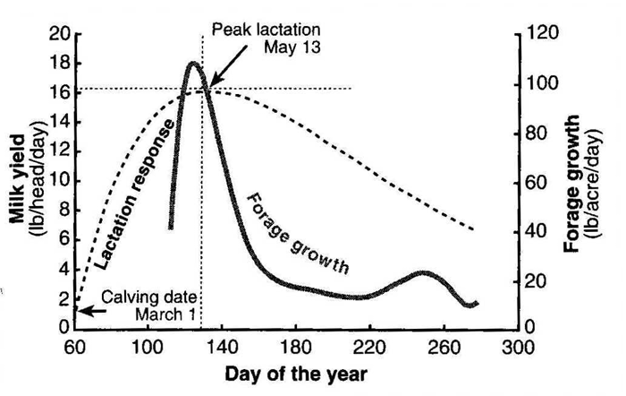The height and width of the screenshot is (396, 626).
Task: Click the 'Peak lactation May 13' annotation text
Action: click(266, 39)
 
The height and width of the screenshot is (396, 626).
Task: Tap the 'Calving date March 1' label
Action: click(148, 306)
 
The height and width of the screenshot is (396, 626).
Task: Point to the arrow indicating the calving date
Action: click(92, 311)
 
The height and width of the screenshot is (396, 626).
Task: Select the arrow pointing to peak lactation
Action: click(228, 65)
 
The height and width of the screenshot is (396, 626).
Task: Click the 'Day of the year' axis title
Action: click(296, 374)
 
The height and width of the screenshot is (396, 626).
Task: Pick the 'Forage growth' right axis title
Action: click(571, 184)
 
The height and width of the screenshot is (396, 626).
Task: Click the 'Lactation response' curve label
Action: click(136, 194)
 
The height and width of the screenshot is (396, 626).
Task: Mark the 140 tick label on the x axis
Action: click(222, 348)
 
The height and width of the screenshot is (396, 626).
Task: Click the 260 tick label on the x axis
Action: click(444, 348)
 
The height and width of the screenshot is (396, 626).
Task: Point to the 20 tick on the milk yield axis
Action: click(60, 34)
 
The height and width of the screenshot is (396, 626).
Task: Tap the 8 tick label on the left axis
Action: click(64, 211)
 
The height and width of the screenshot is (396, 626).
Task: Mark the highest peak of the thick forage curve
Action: click(193, 64)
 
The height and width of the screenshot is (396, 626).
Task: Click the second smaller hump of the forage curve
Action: click(424, 273)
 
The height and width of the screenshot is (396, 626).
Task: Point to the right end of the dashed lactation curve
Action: click(473, 229)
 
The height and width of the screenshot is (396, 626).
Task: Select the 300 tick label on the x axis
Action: click(518, 348)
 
